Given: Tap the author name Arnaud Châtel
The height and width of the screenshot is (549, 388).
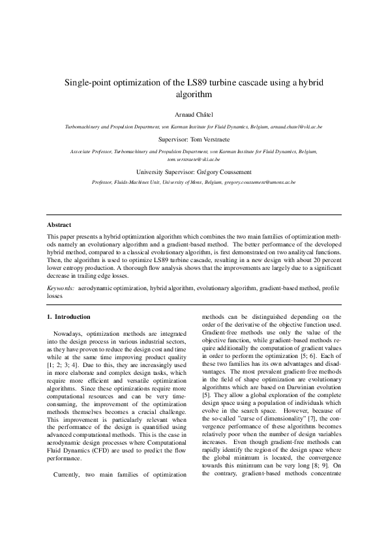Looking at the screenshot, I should [194, 112].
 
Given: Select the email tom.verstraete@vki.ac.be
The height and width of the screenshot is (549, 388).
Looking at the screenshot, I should [194, 158].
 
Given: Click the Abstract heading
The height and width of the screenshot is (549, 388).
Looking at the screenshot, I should [60, 226].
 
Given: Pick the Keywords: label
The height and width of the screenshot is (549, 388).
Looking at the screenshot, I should [61, 288].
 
